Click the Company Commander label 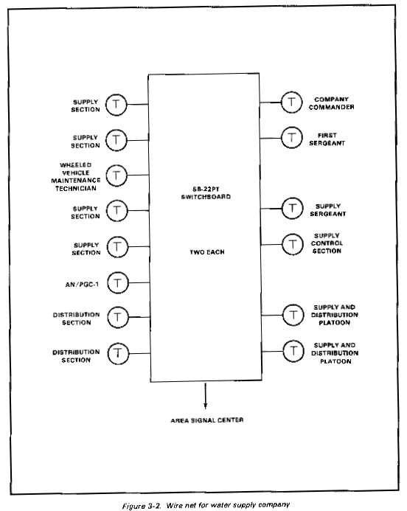pyautogui.click(x=331, y=103)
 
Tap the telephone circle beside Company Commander pyautogui.click(x=292, y=102)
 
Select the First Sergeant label pyautogui.click(x=327, y=139)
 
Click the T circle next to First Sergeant pyautogui.click(x=292, y=138)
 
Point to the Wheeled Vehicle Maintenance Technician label pyautogui.click(x=76, y=177)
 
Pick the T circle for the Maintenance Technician pyautogui.click(x=116, y=175)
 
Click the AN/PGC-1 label pyautogui.click(x=82, y=285)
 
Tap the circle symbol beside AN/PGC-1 pyautogui.click(x=118, y=283)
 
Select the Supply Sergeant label pyautogui.click(x=328, y=210)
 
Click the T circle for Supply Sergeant pyautogui.click(x=293, y=208)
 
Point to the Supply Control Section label pyautogui.click(x=327, y=243)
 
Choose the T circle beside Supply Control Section pyautogui.click(x=293, y=244)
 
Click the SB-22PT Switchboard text pyautogui.click(x=206, y=193)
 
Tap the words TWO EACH pyautogui.click(x=207, y=252)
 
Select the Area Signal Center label pyautogui.click(x=207, y=420)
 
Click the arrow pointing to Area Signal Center pyautogui.click(x=205, y=396)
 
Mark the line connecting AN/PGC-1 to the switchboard pyautogui.click(x=139, y=282)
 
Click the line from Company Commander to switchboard pyautogui.click(x=271, y=102)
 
